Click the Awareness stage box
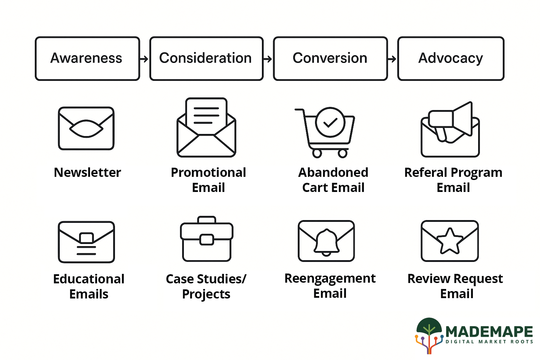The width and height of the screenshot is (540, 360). (87, 59)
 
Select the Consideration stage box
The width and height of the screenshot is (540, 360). (206, 59)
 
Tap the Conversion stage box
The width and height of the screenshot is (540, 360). (330, 59)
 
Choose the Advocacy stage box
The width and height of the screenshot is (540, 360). (451, 59)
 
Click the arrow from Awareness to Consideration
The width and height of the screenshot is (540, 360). (144, 59)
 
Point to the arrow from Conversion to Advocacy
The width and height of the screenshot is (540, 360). (392, 59)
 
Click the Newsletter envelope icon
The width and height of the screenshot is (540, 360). (86, 128)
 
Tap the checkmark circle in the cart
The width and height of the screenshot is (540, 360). (330, 122)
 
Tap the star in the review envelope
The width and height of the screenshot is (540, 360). (450, 241)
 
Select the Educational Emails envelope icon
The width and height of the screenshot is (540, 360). (86, 242)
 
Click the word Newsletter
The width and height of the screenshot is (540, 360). (87, 173)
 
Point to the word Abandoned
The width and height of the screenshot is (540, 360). (333, 173)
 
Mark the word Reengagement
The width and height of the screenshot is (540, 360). (330, 278)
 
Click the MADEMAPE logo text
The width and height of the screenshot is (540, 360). (489, 332)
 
